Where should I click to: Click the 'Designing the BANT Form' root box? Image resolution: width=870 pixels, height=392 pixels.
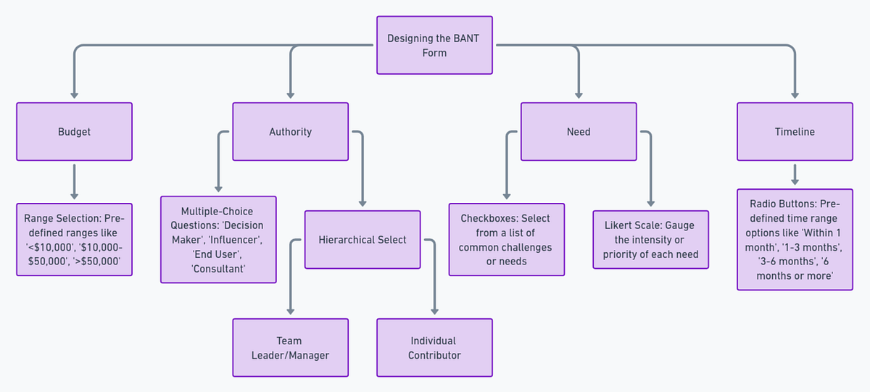pyautogui.click(x=434, y=45)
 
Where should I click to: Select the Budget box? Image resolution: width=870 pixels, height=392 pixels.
pyautogui.click(x=74, y=131)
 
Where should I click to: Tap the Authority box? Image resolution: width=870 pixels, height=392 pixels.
pyautogui.click(x=290, y=131)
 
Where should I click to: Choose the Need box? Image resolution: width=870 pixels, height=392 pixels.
pyautogui.click(x=579, y=131)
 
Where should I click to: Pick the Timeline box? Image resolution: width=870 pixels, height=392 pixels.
pyautogui.click(x=795, y=131)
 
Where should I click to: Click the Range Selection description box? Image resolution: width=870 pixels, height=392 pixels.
pyautogui.click(x=74, y=239)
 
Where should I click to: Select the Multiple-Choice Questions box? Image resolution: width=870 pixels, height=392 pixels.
pyautogui.click(x=218, y=239)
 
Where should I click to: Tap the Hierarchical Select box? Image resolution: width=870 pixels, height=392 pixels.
pyautogui.click(x=362, y=239)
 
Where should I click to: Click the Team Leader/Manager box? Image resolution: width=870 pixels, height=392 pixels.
pyautogui.click(x=290, y=347)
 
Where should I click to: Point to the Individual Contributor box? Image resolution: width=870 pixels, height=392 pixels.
pyautogui.click(x=434, y=347)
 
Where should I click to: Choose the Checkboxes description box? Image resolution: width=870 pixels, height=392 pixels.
pyautogui.click(x=506, y=239)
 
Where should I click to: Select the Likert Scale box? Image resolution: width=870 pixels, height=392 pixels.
pyautogui.click(x=650, y=239)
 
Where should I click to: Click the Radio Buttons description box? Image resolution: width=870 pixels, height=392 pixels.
pyautogui.click(x=795, y=239)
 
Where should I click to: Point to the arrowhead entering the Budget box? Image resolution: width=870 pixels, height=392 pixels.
pyautogui.click(x=74, y=95)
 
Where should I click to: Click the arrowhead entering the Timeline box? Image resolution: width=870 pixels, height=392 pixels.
pyautogui.click(x=795, y=95)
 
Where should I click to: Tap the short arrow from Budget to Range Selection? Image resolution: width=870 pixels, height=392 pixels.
pyautogui.click(x=74, y=181)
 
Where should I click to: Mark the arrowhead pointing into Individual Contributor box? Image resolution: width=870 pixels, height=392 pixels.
pyautogui.click(x=434, y=312)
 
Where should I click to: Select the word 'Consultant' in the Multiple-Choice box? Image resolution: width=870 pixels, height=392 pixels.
pyautogui.click(x=218, y=269)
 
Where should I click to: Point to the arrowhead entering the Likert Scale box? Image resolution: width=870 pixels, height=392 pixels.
pyautogui.click(x=650, y=204)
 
